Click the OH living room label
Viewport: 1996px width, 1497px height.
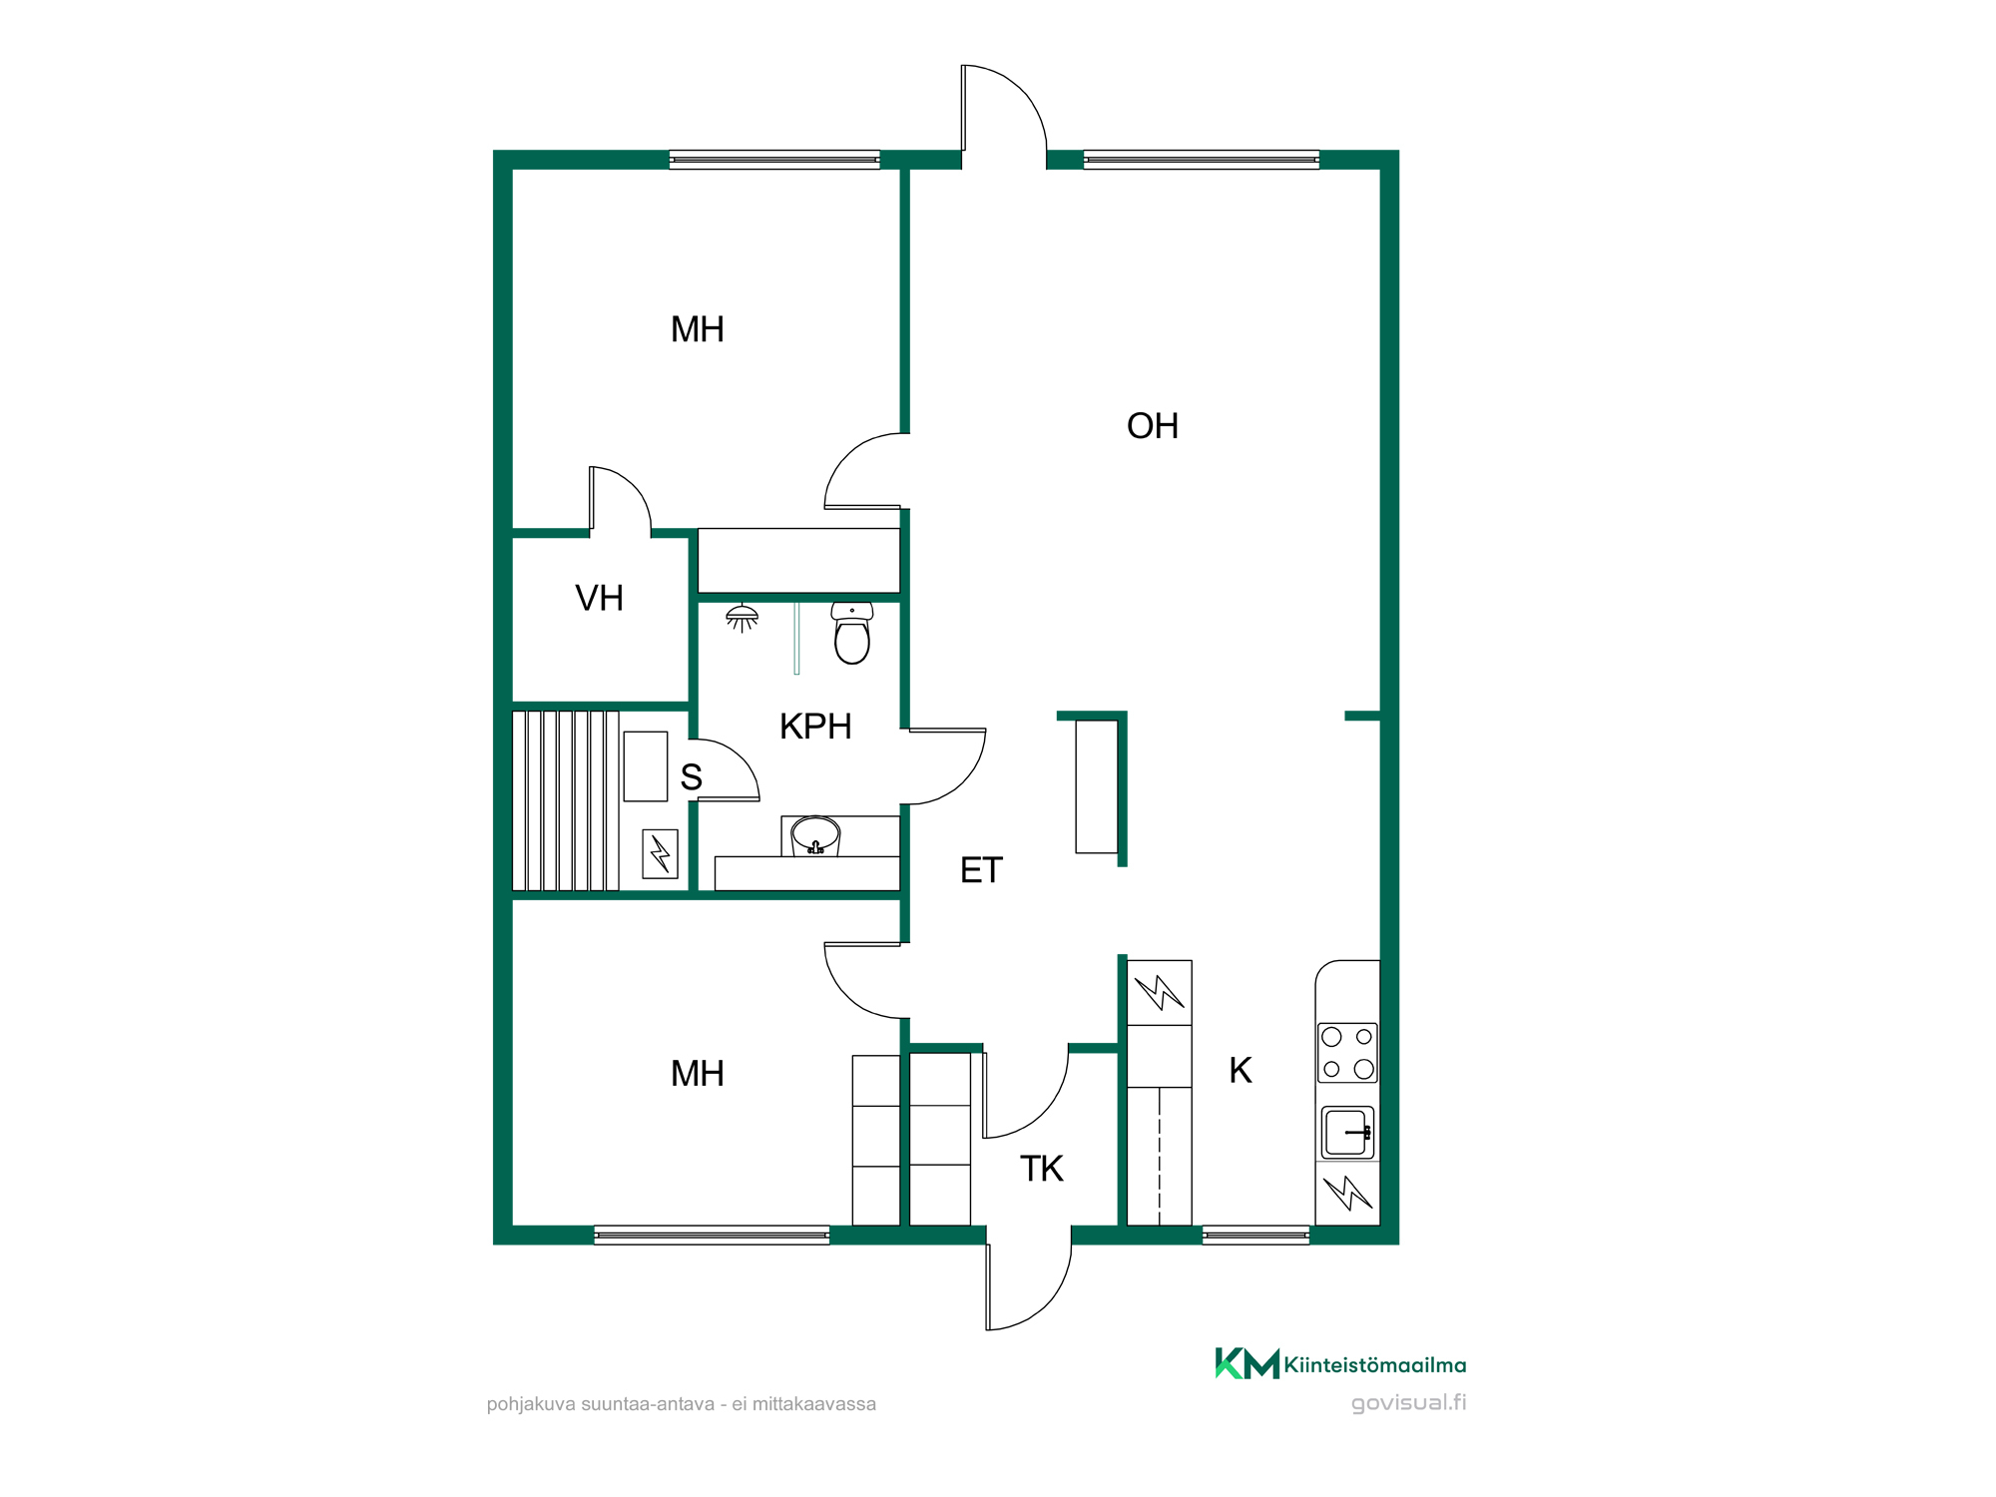click(x=1153, y=426)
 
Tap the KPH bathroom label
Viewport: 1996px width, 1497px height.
click(x=815, y=727)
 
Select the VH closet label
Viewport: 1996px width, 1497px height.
click(x=599, y=598)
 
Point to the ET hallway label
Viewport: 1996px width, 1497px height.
click(x=981, y=870)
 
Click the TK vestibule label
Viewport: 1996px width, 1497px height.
click(x=1042, y=1169)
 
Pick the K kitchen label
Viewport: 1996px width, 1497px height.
click(x=1241, y=1070)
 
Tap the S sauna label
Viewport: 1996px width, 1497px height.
click(x=691, y=776)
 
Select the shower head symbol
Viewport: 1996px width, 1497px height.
click(x=742, y=618)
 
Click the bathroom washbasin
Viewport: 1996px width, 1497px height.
click(x=815, y=835)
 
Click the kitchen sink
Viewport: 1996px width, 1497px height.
click(x=1347, y=1133)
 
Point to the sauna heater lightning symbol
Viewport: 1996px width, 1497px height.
click(x=660, y=854)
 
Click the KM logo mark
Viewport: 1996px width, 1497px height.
click(x=1247, y=1363)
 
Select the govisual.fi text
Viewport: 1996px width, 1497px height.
click(x=1408, y=1403)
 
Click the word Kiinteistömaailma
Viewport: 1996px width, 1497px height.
click(x=1375, y=1364)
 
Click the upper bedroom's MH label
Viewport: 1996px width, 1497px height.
click(x=698, y=329)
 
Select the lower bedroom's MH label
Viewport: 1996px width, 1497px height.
click(x=698, y=1074)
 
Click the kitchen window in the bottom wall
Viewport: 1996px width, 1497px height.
click(x=1255, y=1236)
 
